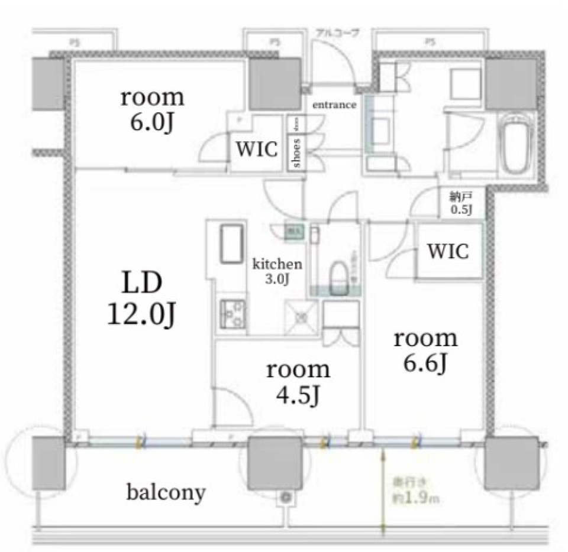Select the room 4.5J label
point(298,382)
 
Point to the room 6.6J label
point(426,352)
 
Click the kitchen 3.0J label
point(278,271)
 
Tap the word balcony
point(166,492)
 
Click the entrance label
point(334,106)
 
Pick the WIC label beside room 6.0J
point(257,150)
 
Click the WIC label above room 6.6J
point(448,251)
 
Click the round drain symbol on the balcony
point(288,498)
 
